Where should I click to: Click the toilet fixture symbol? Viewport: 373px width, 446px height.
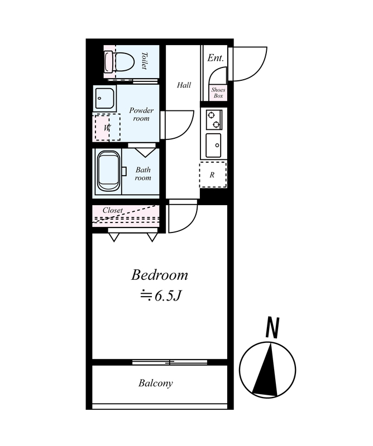click(x=119, y=61)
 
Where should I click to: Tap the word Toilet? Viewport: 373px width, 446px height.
click(x=145, y=61)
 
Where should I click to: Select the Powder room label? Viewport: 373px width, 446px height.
click(x=141, y=114)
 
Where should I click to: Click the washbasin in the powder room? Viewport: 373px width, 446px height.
click(x=104, y=98)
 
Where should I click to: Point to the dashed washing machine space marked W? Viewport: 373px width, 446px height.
click(x=107, y=127)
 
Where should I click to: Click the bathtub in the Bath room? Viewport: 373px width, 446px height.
click(x=109, y=171)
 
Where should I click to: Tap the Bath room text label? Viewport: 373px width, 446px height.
click(x=143, y=174)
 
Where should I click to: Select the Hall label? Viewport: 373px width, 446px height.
click(x=184, y=85)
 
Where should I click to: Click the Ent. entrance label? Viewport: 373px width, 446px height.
click(x=216, y=58)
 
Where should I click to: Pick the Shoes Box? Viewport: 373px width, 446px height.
click(x=218, y=93)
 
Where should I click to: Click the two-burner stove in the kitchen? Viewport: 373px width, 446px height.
click(x=214, y=119)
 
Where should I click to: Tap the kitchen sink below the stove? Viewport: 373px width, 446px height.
click(x=213, y=146)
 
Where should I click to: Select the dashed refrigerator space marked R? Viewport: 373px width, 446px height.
click(x=213, y=174)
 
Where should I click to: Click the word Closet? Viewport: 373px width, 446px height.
click(x=113, y=210)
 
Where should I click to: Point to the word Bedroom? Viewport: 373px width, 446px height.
click(x=160, y=275)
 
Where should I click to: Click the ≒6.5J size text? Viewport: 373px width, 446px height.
click(x=160, y=296)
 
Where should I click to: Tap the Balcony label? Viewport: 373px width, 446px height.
click(x=156, y=384)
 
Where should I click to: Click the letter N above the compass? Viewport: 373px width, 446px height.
click(x=272, y=328)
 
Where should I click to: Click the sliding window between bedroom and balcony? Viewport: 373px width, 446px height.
click(x=170, y=362)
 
